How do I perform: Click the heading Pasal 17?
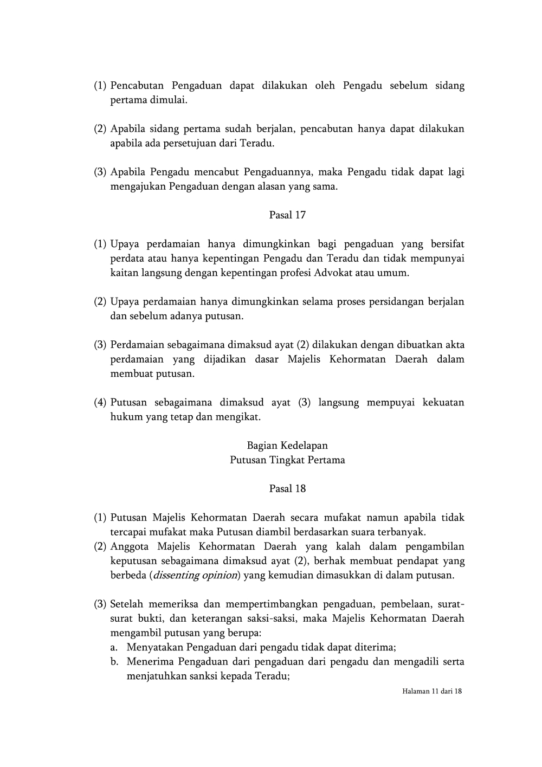(x=287, y=215)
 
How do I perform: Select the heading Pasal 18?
(x=287, y=489)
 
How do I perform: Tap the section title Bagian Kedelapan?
(x=287, y=446)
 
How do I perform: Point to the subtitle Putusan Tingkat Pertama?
(x=287, y=460)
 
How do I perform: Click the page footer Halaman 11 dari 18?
(x=432, y=692)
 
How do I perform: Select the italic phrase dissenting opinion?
(x=195, y=576)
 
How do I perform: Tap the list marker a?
(x=114, y=647)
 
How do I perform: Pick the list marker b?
(x=114, y=662)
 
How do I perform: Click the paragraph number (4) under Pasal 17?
(x=100, y=403)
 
